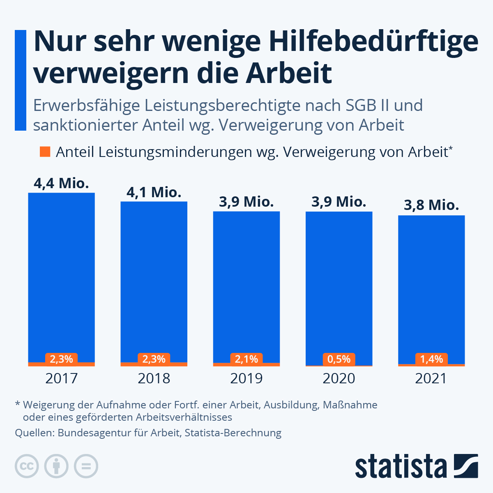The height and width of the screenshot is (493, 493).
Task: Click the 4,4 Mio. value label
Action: click(x=61, y=183)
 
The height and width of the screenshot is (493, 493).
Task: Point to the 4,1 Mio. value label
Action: click(x=154, y=192)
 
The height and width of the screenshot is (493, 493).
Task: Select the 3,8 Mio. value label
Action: click(x=431, y=205)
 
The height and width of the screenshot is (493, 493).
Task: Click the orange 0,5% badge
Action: click(x=339, y=359)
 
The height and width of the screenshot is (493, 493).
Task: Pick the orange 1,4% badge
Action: click(x=431, y=359)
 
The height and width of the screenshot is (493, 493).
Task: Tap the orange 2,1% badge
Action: click(x=246, y=359)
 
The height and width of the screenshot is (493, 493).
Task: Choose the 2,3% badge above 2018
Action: click(x=154, y=359)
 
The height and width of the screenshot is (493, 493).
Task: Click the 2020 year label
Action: click(x=339, y=378)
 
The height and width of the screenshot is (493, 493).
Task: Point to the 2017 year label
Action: click(x=61, y=378)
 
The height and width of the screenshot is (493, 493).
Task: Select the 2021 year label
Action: click(x=431, y=378)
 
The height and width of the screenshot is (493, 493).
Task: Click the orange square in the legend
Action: click(x=45, y=152)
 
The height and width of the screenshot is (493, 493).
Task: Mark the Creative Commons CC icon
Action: click(x=27, y=466)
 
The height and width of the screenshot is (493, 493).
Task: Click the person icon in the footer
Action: click(x=56, y=466)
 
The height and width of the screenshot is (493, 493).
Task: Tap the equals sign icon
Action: click(x=86, y=466)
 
